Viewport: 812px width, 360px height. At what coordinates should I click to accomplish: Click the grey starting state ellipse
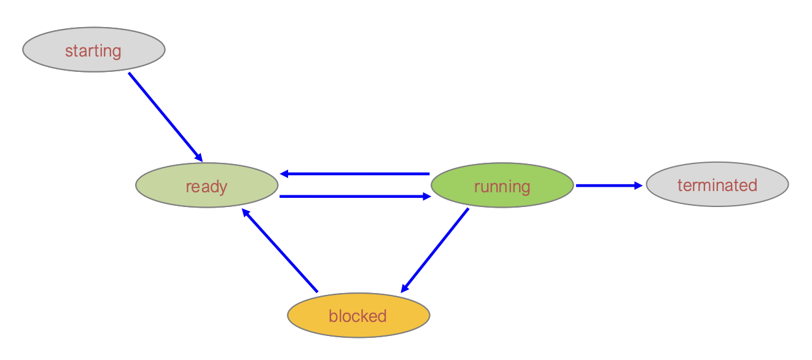point(93,50)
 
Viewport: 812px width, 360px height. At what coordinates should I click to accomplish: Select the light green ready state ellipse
point(206,186)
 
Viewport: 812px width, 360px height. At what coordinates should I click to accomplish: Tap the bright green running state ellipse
point(502,186)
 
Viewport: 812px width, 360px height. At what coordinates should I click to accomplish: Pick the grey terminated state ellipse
point(717,184)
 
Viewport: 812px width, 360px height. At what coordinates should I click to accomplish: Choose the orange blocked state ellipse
point(358,315)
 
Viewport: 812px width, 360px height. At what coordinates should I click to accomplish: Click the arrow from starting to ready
point(165,116)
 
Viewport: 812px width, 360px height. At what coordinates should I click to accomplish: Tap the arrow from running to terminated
point(608,185)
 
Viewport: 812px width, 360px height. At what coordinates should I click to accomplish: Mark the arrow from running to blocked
point(435,251)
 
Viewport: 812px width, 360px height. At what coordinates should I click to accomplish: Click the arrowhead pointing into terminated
point(638,185)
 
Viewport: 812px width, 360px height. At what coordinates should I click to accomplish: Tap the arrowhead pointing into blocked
point(405,288)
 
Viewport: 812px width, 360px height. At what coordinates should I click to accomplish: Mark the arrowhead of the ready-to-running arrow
point(427,197)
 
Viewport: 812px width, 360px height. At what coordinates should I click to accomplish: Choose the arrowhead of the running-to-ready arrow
point(284,174)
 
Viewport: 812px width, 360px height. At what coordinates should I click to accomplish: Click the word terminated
point(717,185)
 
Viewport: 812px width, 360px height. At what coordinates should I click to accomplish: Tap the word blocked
point(357,316)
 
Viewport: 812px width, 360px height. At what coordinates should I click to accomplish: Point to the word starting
point(93,50)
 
